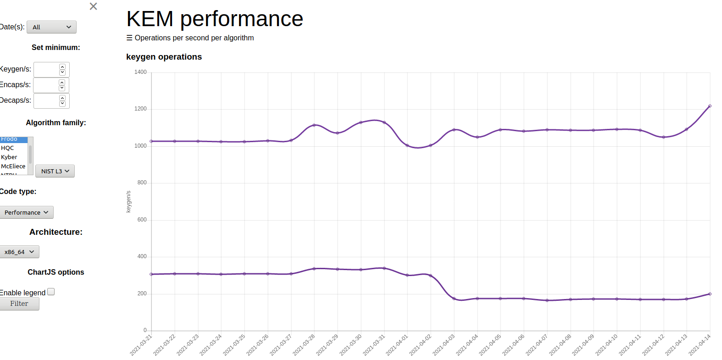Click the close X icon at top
pos(93,6)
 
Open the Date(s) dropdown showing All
pos(51,27)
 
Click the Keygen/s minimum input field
pos(46,70)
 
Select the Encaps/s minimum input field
pos(46,85)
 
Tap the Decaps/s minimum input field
pos(46,101)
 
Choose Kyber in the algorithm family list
pos(9,157)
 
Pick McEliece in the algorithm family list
pos(13,166)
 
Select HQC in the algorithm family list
pos(7,148)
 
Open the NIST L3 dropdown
pos(55,171)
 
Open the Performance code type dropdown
pos(26,212)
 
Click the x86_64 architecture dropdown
pos(19,252)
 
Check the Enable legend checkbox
pos(51,292)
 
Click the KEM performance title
pos(215,19)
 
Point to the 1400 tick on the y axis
pos(140,72)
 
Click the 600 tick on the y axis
pos(142,220)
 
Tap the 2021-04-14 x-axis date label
pos(700,345)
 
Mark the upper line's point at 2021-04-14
pos(710,106)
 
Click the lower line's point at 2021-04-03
pos(454,299)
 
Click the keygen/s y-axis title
pos(128,201)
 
